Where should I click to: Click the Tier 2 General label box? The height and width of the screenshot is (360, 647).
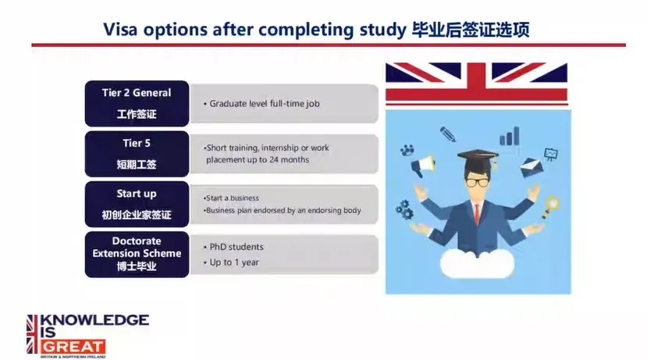point(137,104)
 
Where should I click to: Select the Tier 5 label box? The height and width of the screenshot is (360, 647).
point(137,154)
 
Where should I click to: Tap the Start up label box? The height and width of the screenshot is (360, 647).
point(137,205)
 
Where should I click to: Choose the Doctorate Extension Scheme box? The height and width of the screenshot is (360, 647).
point(137,255)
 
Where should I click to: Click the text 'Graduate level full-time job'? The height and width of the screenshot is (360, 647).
point(265,104)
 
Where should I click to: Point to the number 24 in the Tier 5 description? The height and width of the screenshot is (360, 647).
point(274,160)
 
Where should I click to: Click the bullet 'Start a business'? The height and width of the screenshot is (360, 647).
point(231,198)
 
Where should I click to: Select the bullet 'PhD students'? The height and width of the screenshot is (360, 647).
point(233,247)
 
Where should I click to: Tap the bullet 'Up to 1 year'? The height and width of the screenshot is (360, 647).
point(231,262)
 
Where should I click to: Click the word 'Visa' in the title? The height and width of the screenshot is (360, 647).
point(120,30)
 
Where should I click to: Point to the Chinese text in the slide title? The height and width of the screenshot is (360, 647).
point(471,30)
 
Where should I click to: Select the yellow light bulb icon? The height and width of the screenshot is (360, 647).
point(549,206)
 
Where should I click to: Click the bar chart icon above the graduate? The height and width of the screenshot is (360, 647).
point(510,136)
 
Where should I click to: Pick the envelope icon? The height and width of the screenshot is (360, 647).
point(531,168)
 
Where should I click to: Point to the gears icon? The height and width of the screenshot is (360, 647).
point(404,209)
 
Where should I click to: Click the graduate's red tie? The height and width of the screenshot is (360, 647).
point(478,214)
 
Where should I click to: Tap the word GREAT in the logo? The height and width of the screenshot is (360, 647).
point(73,347)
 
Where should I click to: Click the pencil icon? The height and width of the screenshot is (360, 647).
point(448,134)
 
